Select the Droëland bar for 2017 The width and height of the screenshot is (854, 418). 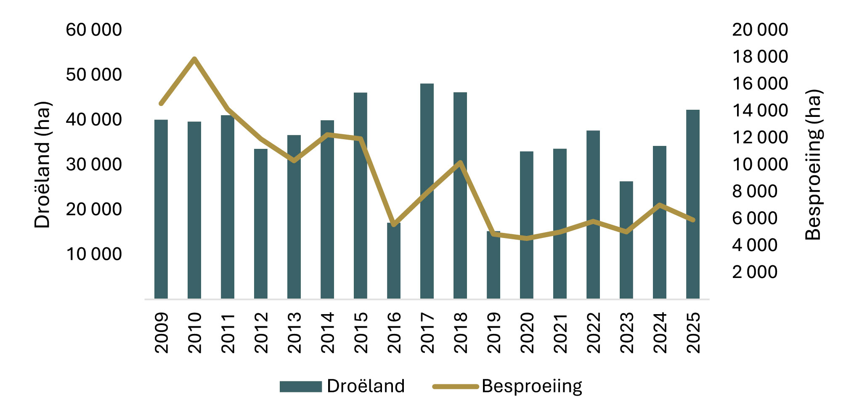tap(427, 191)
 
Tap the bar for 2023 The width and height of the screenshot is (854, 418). tap(626, 240)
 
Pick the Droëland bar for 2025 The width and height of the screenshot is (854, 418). tap(692, 204)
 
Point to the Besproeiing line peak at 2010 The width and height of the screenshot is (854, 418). tap(194, 58)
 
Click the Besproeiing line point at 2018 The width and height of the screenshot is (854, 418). tap(460, 162)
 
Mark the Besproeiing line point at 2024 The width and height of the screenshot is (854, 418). tap(660, 205)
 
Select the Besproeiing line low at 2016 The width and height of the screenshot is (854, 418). tap(394, 225)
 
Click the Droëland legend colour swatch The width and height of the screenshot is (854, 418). tap(300, 386)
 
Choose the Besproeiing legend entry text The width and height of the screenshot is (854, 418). tap(532, 386)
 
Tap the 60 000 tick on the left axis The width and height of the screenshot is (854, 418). tap(94, 30)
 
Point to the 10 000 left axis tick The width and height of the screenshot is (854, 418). tap(94, 254)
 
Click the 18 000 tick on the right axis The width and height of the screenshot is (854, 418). tap(760, 57)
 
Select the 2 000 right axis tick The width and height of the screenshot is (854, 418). tap(755, 272)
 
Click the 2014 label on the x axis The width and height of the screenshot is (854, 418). tap(327, 332)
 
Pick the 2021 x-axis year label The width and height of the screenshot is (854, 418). tap(560, 332)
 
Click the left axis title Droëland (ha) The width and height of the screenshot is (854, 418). tap(42, 165)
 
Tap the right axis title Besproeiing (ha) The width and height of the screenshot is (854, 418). tap(813, 165)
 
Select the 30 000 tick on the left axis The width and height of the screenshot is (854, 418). tap(94, 164)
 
